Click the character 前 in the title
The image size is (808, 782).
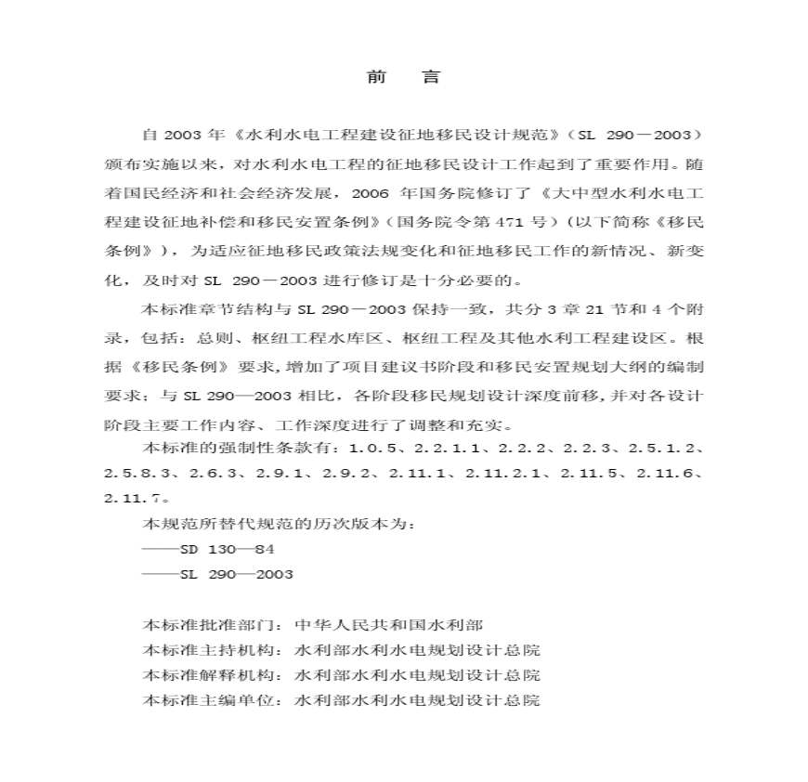(376, 78)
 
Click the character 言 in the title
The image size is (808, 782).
(431, 78)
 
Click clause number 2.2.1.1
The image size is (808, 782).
(445, 449)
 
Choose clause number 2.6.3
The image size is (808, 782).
(213, 474)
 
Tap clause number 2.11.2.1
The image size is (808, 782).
(508, 474)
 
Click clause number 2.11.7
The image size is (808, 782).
(134, 498)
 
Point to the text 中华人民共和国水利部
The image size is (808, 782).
(389, 625)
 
